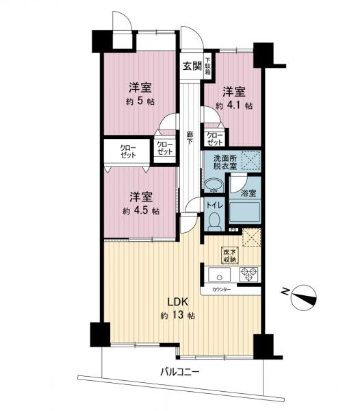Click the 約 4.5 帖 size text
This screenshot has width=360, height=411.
(140, 210)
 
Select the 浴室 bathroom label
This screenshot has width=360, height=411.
(245, 192)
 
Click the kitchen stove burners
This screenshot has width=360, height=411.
(247, 274)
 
